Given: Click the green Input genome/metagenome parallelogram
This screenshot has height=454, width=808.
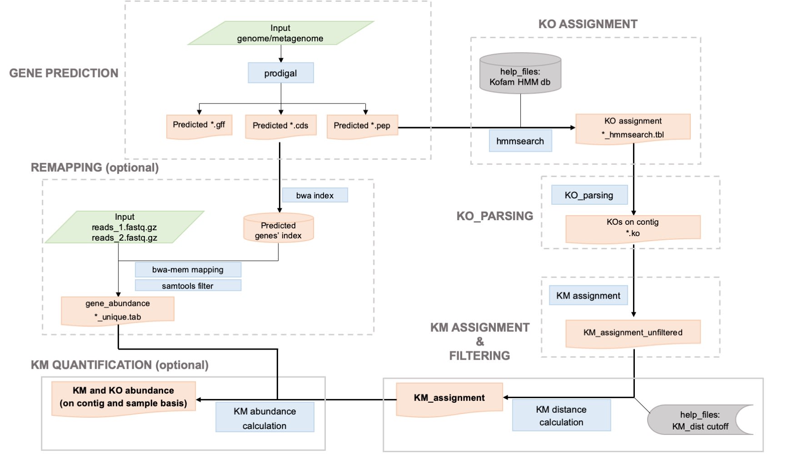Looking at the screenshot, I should (x=280, y=33).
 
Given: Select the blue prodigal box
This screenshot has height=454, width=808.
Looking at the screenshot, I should (x=280, y=73).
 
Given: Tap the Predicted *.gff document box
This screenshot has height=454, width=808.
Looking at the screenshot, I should (x=199, y=126).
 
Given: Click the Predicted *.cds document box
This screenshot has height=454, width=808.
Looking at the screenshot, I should (x=280, y=126).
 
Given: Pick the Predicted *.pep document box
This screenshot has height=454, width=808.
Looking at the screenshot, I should (x=362, y=126).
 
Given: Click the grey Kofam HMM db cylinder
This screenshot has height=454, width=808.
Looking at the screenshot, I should (x=520, y=74).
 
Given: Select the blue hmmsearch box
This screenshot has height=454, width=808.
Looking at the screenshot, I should (x=520, y=141).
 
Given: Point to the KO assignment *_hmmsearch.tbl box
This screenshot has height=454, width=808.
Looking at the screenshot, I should (x=633, y=128).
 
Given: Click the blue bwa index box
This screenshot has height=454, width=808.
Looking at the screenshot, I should (x=315, y=195).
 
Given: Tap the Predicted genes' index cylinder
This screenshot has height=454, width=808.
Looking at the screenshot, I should (x=278, y=229).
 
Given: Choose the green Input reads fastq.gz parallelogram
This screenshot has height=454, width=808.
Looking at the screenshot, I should (x=125, y=227).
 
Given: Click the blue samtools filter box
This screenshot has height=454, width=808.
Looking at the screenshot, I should (x=188, y=286).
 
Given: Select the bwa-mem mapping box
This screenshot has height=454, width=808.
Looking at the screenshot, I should (x=188, y=270).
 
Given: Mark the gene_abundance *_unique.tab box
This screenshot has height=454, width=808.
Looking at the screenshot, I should (x=117, y=310).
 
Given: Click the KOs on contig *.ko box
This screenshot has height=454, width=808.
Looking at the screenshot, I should (x=633, y=228).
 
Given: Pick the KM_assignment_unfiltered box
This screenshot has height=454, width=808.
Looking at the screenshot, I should (x=633, y=333).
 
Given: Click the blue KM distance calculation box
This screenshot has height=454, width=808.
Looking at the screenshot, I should (x=561, y=415).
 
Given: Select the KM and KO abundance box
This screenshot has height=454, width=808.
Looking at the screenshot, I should (x=123, y=396).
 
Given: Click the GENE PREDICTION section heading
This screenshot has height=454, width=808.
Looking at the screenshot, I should (x=64, y=73).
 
